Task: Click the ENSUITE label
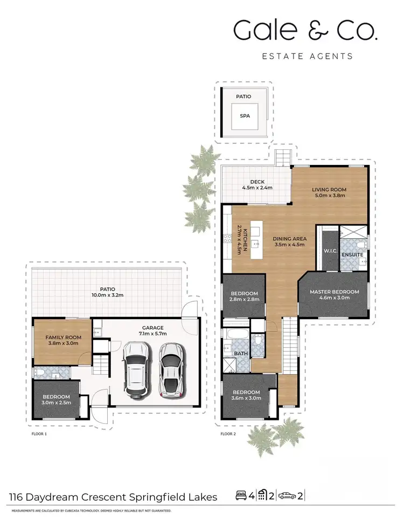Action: click(x=352, y=254)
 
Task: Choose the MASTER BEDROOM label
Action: click(x=334, y=295)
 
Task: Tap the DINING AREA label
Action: click(x=289, y=241)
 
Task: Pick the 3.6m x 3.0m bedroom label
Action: click(x=246, y=395)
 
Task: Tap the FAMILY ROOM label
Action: click(x=63, y=340)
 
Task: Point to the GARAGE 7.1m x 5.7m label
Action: click(x=152, y=330)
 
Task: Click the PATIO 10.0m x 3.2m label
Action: click(x=108, y=292)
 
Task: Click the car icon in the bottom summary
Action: click(x=288, y=495)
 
